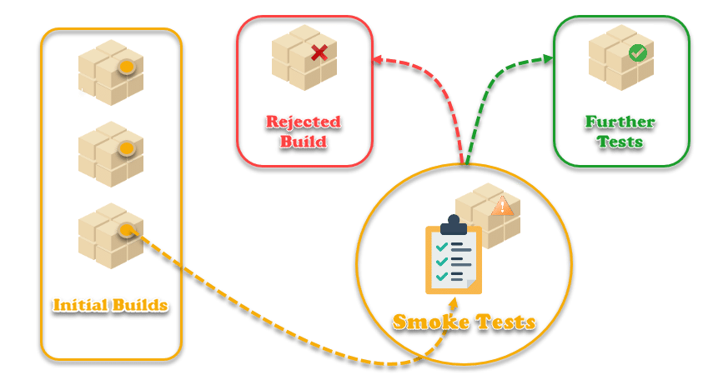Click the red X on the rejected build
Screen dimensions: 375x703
[319, 53]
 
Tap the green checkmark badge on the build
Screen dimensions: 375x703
[637, 52]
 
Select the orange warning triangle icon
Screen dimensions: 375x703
[502, 205]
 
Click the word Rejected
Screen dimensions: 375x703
[304, 122]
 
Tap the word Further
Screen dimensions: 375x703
[620, 122]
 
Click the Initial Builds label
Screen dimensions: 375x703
[111, 305]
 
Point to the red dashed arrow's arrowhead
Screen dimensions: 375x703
[377, 60]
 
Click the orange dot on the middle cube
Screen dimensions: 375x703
[126, 148]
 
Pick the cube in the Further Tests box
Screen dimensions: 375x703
[620, 57]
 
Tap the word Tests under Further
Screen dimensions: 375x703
[621, 142]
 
